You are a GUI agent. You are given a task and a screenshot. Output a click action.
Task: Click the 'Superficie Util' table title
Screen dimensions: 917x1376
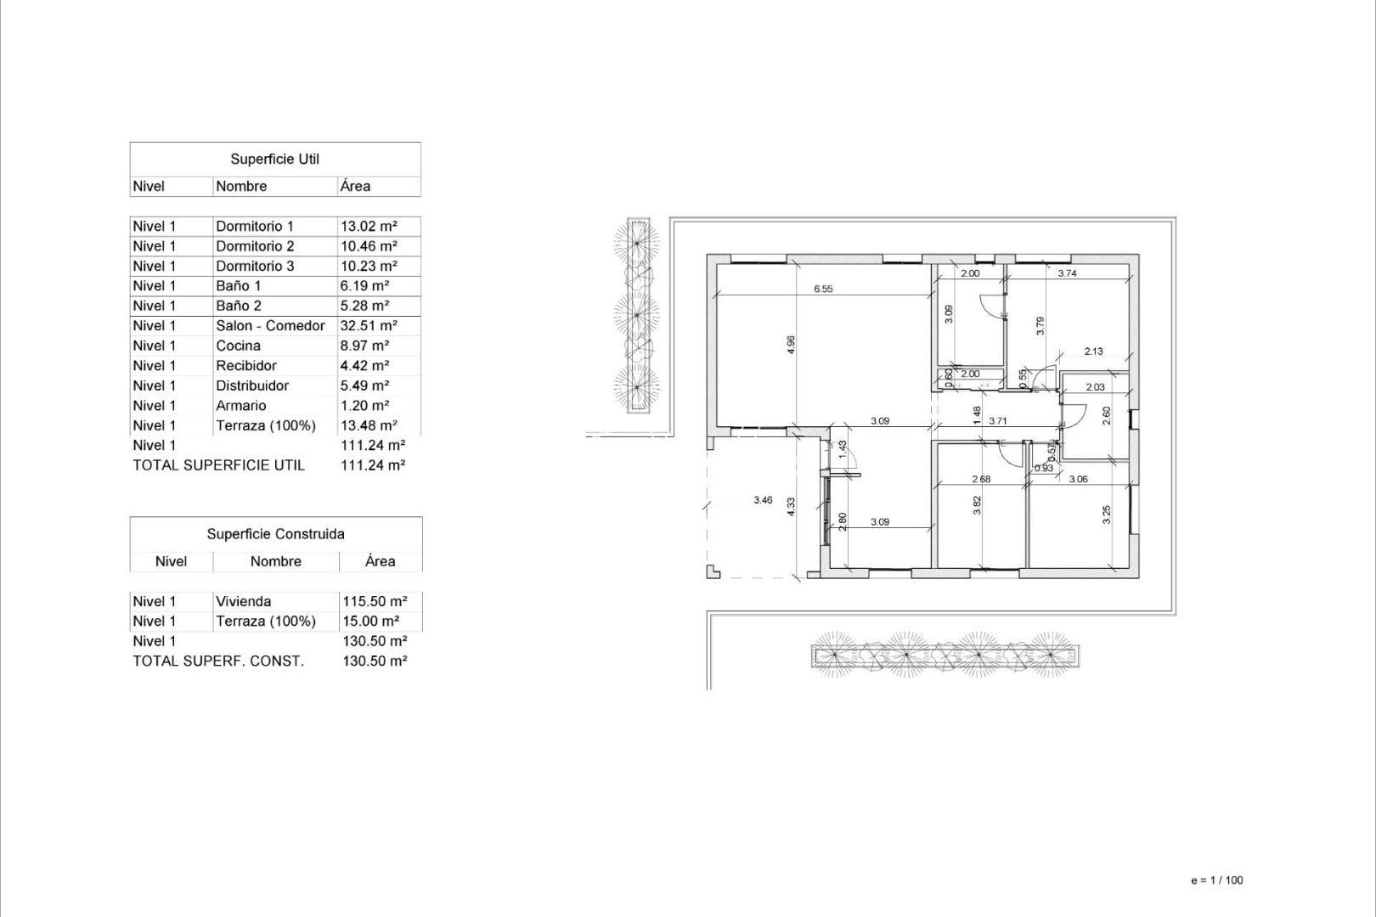coord(274,160)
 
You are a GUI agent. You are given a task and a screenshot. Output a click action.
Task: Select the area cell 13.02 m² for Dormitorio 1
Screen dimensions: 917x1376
coord(369,227)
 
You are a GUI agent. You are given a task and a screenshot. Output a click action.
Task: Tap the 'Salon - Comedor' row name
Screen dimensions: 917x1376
coord(270,326)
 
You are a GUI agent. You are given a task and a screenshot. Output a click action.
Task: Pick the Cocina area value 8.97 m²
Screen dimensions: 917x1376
coord(364,346)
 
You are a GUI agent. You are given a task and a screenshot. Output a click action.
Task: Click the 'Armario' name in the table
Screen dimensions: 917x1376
coord(241,406)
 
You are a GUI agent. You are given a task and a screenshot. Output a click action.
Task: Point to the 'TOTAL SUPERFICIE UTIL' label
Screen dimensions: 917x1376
coord(218,465)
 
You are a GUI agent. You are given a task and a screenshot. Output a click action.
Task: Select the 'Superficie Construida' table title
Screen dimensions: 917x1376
coord(275,535)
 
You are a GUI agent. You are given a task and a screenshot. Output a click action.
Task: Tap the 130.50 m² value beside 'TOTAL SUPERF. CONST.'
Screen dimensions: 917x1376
coord(374,661)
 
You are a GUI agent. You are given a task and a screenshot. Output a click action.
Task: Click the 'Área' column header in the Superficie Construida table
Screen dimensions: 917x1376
coord(380,562)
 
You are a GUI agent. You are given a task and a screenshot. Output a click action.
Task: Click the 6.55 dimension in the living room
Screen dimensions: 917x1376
coord(822,289)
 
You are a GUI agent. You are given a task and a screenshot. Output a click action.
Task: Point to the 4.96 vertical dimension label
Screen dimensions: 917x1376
coord(791,345)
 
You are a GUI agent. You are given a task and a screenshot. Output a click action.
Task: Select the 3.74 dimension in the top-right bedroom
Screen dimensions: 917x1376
coord(1067,273)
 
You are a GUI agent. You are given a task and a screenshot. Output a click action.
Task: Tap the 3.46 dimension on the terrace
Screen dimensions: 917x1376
coord(763,501)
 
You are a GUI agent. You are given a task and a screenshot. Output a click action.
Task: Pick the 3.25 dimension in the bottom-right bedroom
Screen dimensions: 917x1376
coord(1107,515)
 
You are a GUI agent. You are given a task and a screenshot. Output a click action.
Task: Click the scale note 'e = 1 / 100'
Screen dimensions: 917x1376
coord(1216,880)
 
